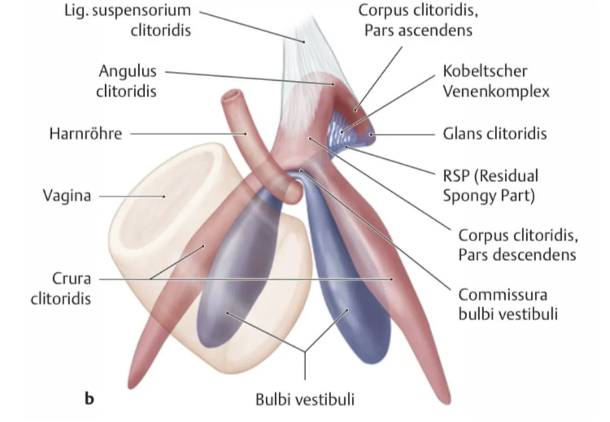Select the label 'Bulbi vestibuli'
tap(306, 399)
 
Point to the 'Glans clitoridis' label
tap(495, 134)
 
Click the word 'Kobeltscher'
tap(485, 72)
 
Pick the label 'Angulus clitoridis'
tap(128, 81)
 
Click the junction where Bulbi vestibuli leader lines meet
tap(306, 354)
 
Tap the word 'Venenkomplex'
tap(496, 91)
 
